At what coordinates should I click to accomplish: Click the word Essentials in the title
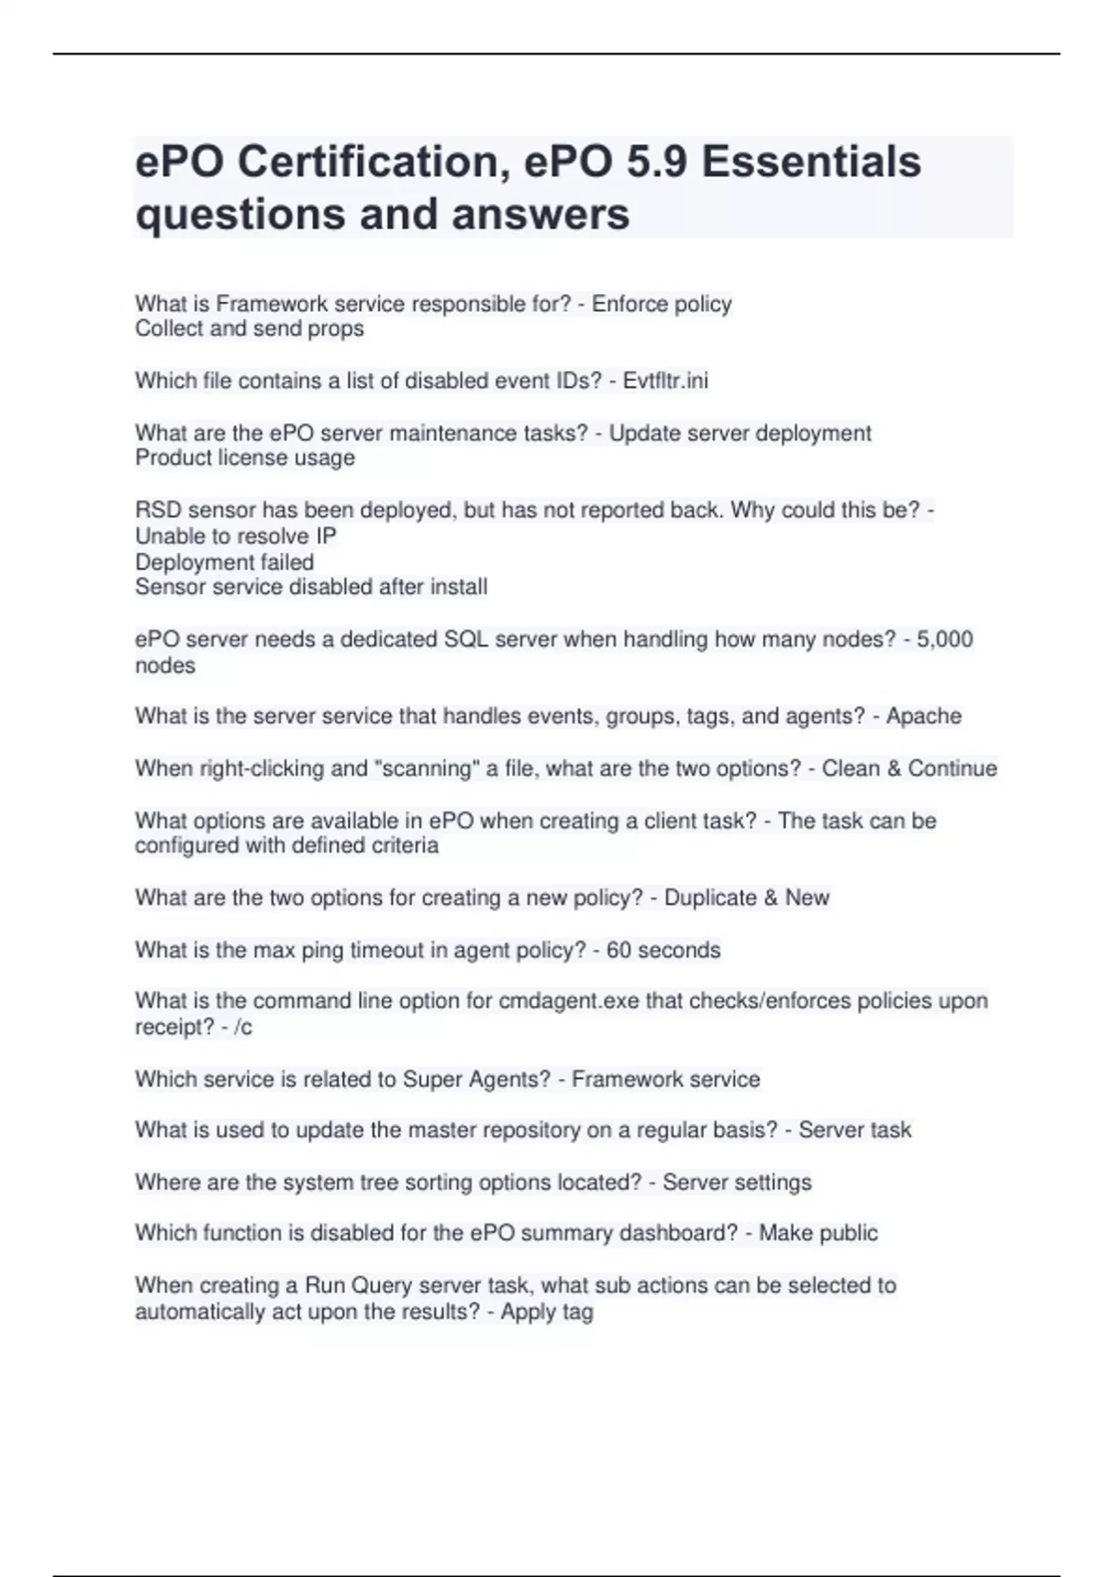click(x=810, y=161)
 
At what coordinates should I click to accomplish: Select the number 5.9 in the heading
click(x=657, y=161)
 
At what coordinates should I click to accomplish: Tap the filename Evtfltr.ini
click(x=665, y=380)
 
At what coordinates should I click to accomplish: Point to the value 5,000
click(x=944, y=639)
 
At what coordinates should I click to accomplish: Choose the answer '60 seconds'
click(x=663, y=950)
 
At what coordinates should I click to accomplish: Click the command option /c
click(x=243, y=1027)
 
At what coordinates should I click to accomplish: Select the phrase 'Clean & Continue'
click(x=909, y=768)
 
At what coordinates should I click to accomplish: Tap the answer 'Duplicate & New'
click(x=746, y=898)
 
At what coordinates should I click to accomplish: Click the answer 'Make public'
click(x=818, y=1233)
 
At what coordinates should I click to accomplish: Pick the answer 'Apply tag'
click(x=547, y=1312)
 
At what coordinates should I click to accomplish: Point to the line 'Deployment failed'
click(x=225, y=562)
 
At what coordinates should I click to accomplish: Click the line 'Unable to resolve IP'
click(x=236, y=536)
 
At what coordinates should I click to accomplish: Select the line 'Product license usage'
click(x=245, y=457)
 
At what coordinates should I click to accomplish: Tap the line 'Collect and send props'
click(x=249, y=328)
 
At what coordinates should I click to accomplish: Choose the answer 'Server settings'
click(x=737, y=1182)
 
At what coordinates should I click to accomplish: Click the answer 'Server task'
click(x=854, y=1130)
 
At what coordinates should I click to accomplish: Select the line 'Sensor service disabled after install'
click(x=311, y=587)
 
